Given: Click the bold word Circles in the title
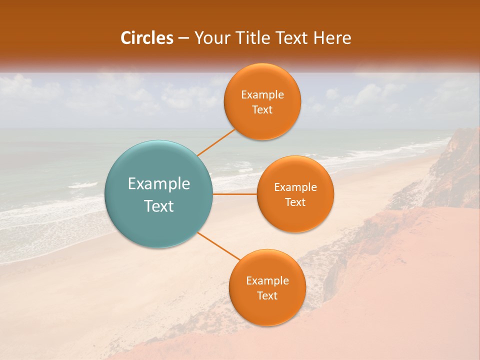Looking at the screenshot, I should [x=147, y=38].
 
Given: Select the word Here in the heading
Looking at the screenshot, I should [x=332, y=38].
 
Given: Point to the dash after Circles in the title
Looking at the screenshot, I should [x=183, y=38].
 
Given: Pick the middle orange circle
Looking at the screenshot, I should [x=295, y=220].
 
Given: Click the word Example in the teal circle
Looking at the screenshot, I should [x=159, y=184].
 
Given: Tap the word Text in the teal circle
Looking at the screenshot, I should [x=159, y=206].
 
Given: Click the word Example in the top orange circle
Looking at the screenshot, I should [x=262, y=95].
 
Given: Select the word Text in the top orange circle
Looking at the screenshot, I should [x=262, y=110].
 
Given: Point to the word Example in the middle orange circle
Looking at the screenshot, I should [x=295, y=187].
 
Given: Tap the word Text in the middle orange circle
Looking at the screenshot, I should [x=295, y=202].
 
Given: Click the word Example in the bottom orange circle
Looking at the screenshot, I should [x=267, y=281].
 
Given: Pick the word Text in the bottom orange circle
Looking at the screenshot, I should [x=267, y=296].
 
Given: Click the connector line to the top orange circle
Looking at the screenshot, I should [x=216, y=142].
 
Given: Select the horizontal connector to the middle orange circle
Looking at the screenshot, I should [x=235, y=194].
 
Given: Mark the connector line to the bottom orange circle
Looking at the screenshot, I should [x=219, y=245].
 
